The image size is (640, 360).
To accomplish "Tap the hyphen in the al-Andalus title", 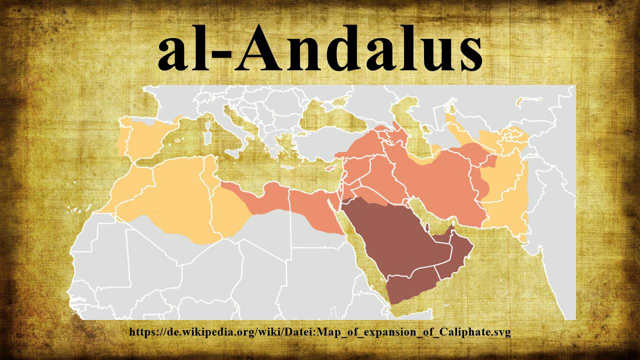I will (223, 54).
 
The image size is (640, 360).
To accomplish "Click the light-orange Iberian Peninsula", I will (145, 137).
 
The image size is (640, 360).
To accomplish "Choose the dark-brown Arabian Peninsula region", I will (395, 240).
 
